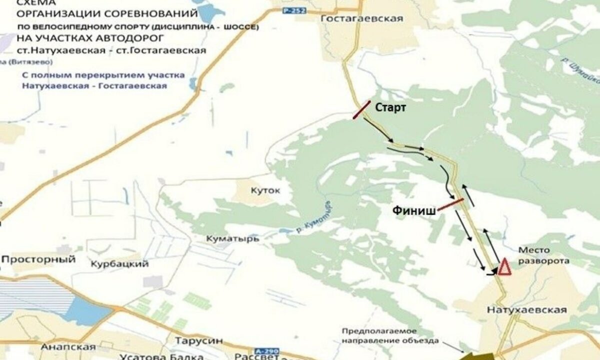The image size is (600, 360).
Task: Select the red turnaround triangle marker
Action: [503, 267]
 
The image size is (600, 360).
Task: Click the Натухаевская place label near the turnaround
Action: [526, 310]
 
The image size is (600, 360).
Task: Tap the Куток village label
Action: [266, 190]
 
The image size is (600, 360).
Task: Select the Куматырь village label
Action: [232, 239]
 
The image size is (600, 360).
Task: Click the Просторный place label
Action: [39, 259]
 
